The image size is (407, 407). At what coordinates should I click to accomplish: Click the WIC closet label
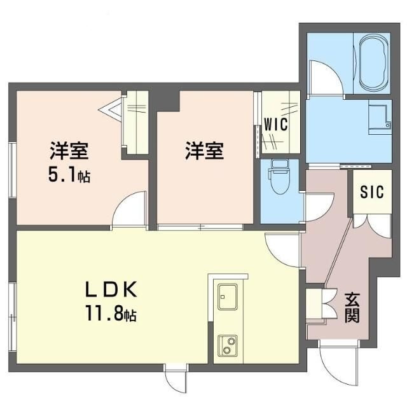pos(275,123)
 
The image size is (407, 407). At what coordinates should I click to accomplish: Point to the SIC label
pos(372,191)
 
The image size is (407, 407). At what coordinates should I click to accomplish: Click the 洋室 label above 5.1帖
pos(69,153)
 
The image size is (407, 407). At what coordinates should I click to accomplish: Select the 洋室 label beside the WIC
pos(204,153)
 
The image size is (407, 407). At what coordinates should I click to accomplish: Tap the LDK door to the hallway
pos(281,252)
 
